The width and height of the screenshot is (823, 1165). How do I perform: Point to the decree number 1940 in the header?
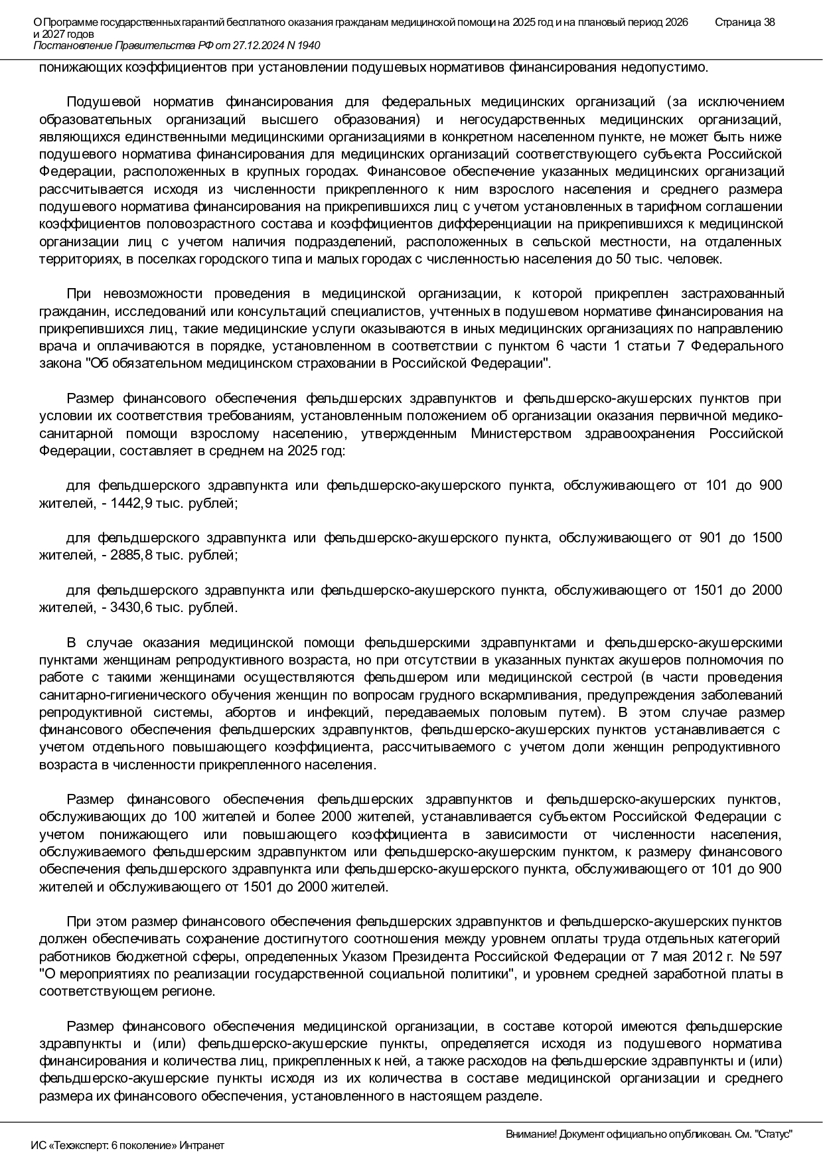[307, 45]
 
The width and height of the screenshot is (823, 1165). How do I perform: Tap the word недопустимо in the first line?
[672, 67]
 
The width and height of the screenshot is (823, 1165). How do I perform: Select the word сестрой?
[608, 677]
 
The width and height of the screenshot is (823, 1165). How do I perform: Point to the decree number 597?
[770, 957]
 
